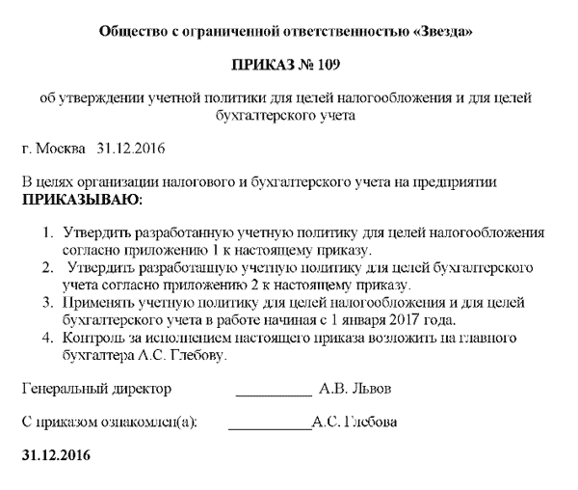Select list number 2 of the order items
[48, 267]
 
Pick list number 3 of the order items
[48, 302]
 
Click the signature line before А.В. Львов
[274, 392]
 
